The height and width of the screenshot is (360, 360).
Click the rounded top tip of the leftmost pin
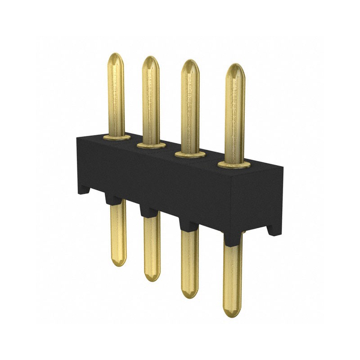(x=116, y=57)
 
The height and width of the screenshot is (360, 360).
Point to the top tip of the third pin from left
(x=190, y=64)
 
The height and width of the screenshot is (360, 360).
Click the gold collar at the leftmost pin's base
(x=117, y=137)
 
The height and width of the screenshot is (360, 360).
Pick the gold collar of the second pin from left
(x=151, y=145)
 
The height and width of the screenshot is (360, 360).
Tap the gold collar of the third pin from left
(x=190, y=154)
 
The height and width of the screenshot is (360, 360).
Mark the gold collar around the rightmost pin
(x=234, y=165)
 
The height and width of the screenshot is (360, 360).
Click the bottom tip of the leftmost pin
(x=119, y=262)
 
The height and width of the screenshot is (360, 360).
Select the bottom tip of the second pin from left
(x=152, y=277)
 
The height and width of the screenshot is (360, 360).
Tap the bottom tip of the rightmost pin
(x=232, y=312)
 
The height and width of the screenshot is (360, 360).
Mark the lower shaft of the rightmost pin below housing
(x=232, y=274)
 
